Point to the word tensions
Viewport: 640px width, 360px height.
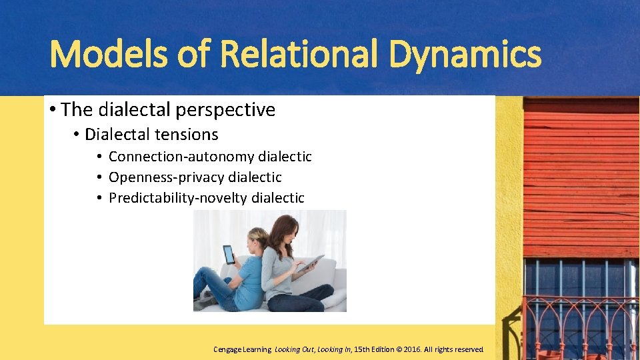click(187, 135)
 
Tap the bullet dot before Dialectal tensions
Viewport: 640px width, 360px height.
click(77, 135)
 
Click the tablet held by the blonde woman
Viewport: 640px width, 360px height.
click(229, 255)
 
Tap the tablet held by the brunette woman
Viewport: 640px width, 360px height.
click(311, 262)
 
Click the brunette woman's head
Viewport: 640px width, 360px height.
click(284, 230)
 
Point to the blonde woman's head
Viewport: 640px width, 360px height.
click(257, 239)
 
